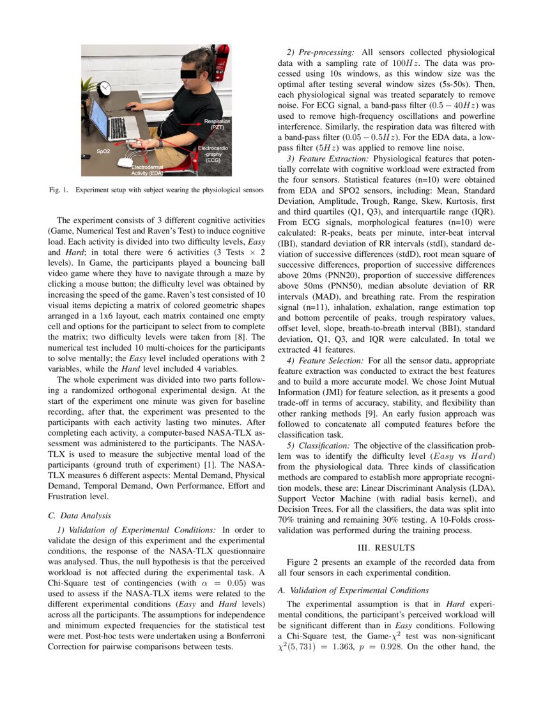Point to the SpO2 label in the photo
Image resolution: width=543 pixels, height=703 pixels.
point(103,151)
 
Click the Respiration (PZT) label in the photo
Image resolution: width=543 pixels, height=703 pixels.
point(217,124)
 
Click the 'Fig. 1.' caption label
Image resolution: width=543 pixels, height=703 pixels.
point(59,190)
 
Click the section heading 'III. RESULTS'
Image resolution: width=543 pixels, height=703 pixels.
point(386,548)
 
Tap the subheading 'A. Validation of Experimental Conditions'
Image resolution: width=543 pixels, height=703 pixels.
point(353,590)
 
